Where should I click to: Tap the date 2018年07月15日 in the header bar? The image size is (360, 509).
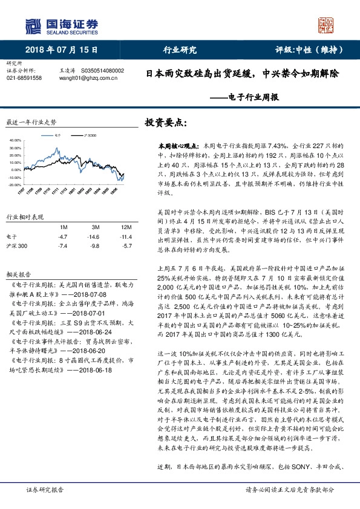(61, 50)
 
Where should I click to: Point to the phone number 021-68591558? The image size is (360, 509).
(24, 78)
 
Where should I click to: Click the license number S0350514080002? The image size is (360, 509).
(102, 70)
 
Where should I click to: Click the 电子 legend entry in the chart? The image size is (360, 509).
(56, 137)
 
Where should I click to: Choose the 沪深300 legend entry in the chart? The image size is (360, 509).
(90, 137)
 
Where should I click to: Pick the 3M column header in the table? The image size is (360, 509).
(93, 226)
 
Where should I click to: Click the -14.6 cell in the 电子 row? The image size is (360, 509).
(93, 237)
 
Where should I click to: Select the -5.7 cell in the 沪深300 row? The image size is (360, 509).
(125, 247)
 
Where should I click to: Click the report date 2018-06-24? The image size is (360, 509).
(96, 331)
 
